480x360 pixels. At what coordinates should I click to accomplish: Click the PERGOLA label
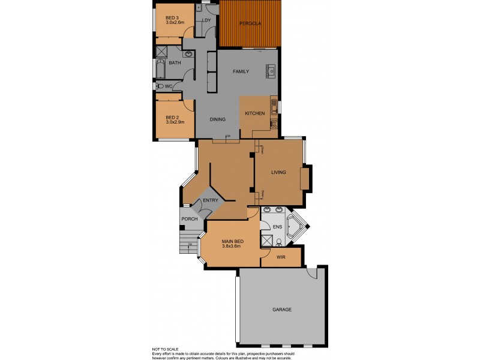coord(249,23)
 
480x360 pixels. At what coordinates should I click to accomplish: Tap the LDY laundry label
coord(207,21)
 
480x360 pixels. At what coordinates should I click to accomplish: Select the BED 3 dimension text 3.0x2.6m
coord(174,23)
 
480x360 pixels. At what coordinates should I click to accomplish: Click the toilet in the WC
coord(160,86)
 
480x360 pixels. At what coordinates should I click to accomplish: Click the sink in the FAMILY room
coord(271,71)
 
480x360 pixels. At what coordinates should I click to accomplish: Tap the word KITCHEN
coord(254,113)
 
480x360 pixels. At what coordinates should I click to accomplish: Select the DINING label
coord(217,119)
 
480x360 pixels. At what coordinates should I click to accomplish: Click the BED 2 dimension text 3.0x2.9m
coord(174,122)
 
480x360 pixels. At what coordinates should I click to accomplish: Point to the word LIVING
coord(278,172)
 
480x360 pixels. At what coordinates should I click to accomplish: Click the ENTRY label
coord(210,200)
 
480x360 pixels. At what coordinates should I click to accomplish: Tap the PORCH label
coord(190,218)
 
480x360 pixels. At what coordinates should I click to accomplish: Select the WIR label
coord(281,257)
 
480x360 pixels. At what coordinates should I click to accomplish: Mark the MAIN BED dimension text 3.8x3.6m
coord(231,246)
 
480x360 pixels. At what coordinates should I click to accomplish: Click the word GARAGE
coord(281,310)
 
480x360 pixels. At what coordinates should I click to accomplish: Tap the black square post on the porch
coord(182,227)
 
